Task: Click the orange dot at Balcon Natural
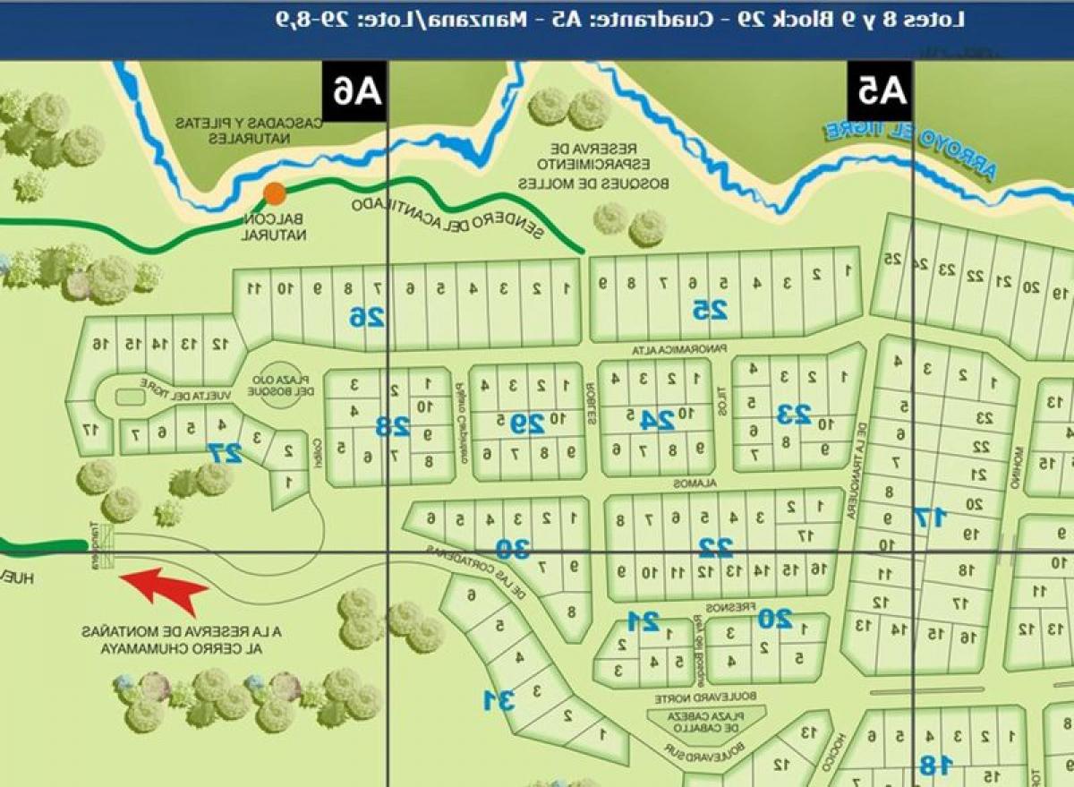(x=274, y=192)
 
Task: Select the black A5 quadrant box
(x=881, y=90)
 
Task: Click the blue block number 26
(x=367, y=316)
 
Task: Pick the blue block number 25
(x=710, y=310)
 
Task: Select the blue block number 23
(x=793, y=414)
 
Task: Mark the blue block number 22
(x=715, y=545)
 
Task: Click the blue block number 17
(x=929, y=517)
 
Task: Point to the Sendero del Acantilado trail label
(x=447, y=216)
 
